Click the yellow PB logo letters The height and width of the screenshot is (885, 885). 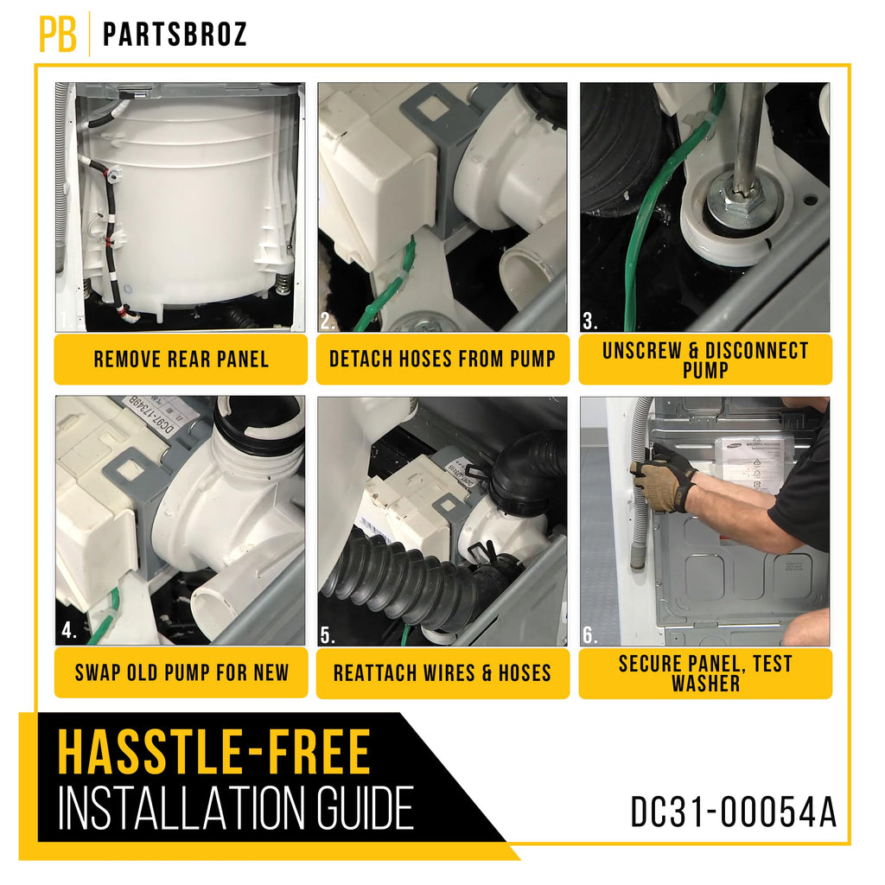[58, 34]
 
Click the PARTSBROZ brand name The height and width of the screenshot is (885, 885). [175, 35]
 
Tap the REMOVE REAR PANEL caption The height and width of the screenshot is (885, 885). [181, 359]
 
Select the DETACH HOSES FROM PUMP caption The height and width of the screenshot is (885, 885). [442, 359]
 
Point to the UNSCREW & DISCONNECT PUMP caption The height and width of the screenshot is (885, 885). [705, 360]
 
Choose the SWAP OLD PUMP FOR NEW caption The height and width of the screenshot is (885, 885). [181, 672]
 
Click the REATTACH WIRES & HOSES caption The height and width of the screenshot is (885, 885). [442, 672]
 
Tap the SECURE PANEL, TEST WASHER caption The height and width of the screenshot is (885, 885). [705, 673]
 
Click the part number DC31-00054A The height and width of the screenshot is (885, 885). [733, 812]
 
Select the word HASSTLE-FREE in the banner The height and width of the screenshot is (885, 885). [214, 753]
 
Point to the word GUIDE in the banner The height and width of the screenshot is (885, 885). [365, 808]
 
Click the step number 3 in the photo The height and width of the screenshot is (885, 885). [589, 322]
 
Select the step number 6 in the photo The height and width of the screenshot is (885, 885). [589, 635]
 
